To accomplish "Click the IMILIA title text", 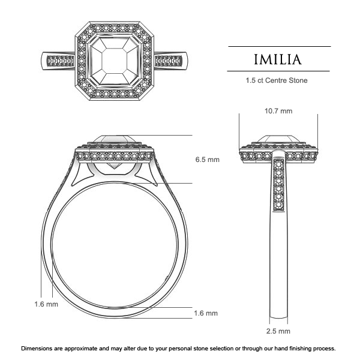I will point(280,59).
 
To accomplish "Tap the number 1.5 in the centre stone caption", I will point(251,80).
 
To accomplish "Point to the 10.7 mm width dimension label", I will point(278,111).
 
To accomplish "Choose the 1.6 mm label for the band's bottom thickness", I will point(206,313).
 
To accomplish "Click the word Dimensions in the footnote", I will point(43,349).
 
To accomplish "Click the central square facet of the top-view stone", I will point(115,61).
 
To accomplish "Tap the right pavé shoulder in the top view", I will point(170,61).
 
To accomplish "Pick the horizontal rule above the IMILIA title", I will point(280,46).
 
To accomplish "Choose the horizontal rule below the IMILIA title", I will point(280,71).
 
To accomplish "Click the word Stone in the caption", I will point(305,80).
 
